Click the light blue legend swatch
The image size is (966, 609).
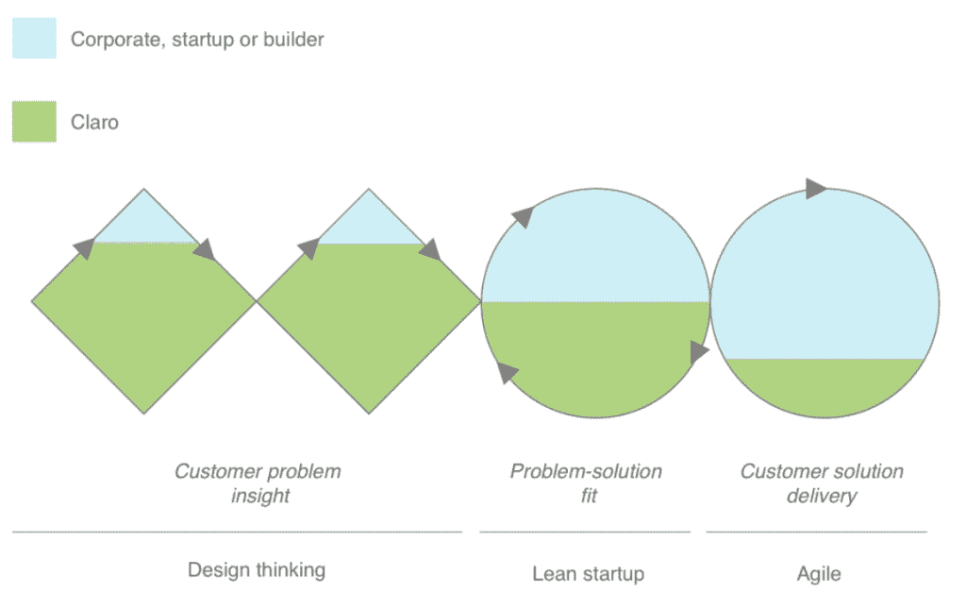click(x=35, y=38)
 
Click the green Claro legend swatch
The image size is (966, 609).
click(x=35, y=122)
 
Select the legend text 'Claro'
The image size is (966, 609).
click(x=94, y=122)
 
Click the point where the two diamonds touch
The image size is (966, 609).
click(x=257, y=301)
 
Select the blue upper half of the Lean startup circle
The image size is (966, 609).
click(x=595, y=253)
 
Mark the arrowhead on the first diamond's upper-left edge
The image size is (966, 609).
click(x=84, y=247)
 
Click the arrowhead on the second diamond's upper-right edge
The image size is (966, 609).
click(x=430, y=249)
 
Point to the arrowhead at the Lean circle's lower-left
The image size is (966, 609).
click(x=507, y=372)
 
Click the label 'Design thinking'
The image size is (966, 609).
click(x=257, y=570)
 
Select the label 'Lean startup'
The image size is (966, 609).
click(x=589, y=574)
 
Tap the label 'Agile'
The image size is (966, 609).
click(x=818, y=574)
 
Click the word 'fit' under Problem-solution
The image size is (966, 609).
click(x=589, y=496)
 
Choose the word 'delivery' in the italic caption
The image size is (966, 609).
click(x=822, y=497)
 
